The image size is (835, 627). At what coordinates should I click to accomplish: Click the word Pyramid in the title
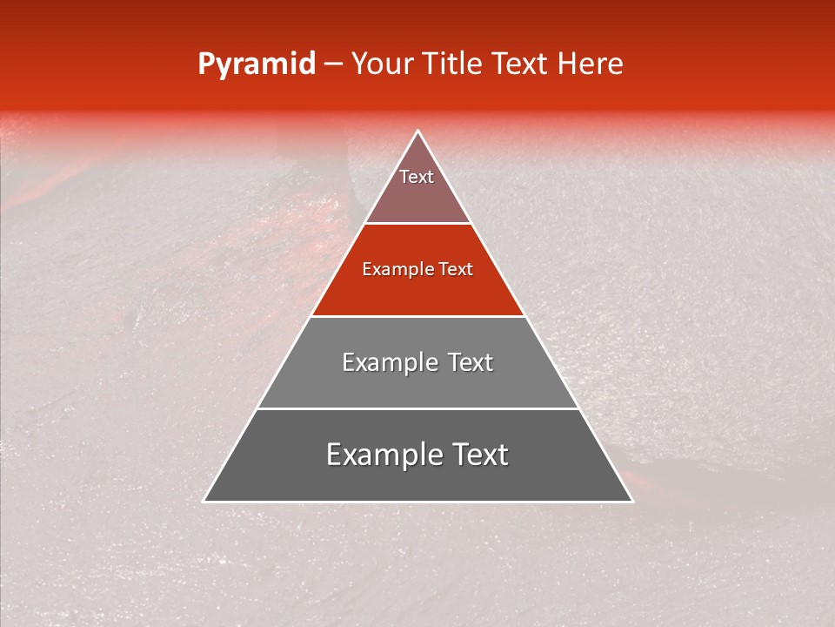(256, 64)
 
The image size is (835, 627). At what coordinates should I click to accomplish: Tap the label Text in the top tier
(417, 177)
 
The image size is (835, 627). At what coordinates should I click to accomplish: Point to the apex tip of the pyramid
(417, 131)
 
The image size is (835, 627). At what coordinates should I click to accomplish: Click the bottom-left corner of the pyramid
(204, 501)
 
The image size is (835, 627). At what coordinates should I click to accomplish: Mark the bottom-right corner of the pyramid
(631, 501)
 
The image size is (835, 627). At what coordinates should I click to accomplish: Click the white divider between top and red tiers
(417, 223)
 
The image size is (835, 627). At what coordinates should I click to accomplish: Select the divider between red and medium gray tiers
(417, 316)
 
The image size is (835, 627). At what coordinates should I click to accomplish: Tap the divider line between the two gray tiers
(417, 408)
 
